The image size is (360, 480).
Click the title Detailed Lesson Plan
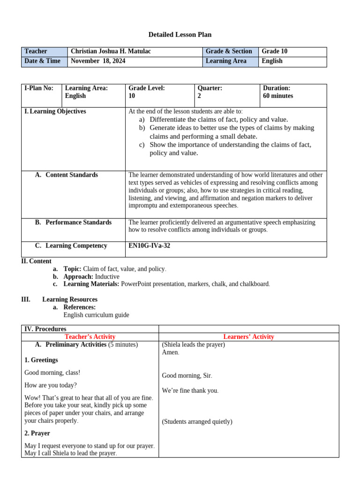180,35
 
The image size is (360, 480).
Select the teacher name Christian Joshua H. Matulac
112,52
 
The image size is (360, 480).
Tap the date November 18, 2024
98,61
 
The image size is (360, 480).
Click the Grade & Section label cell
229,52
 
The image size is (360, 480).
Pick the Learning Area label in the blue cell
226,61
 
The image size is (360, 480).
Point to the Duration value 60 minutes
278,96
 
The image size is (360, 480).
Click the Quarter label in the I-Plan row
210,88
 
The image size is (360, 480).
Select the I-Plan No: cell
39,88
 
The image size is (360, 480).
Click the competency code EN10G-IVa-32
150,246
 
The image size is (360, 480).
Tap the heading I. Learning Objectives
55,112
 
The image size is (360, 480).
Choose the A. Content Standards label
67,175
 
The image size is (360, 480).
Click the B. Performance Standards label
73,223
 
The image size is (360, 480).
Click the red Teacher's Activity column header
90,337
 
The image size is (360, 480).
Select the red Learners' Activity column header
248,337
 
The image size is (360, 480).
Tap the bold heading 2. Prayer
37,434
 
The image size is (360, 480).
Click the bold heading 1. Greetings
41,360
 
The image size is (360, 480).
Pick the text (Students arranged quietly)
197,422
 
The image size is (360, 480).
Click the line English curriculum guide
96,315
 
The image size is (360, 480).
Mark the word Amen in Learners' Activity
170,352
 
